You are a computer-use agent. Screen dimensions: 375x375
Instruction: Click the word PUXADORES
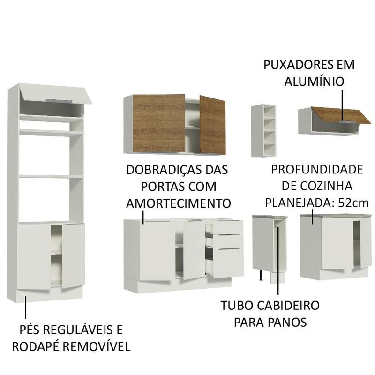[x=296, y=65]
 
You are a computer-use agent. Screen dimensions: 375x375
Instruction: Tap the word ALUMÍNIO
[x=314, y=81]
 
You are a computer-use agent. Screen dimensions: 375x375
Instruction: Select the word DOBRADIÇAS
[x=162, y=170]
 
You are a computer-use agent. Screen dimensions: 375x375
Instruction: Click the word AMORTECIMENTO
[x=179, y=203]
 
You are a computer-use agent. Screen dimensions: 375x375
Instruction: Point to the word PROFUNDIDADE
[x=317, y=170]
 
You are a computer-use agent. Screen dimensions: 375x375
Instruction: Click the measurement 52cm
[x=353, y=203]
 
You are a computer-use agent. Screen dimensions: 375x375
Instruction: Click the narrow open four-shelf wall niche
[x=263, y=131]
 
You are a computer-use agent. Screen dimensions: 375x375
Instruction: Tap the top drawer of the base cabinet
[x=227, y=227]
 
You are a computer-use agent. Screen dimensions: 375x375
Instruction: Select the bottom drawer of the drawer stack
[x=228, y=263]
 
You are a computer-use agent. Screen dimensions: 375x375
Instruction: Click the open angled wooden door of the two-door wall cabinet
[x=212, y=125]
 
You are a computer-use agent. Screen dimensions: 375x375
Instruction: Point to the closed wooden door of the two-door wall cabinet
[x=158, y=123]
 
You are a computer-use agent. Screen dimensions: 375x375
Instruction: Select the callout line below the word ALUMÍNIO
[x=342, y=105]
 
